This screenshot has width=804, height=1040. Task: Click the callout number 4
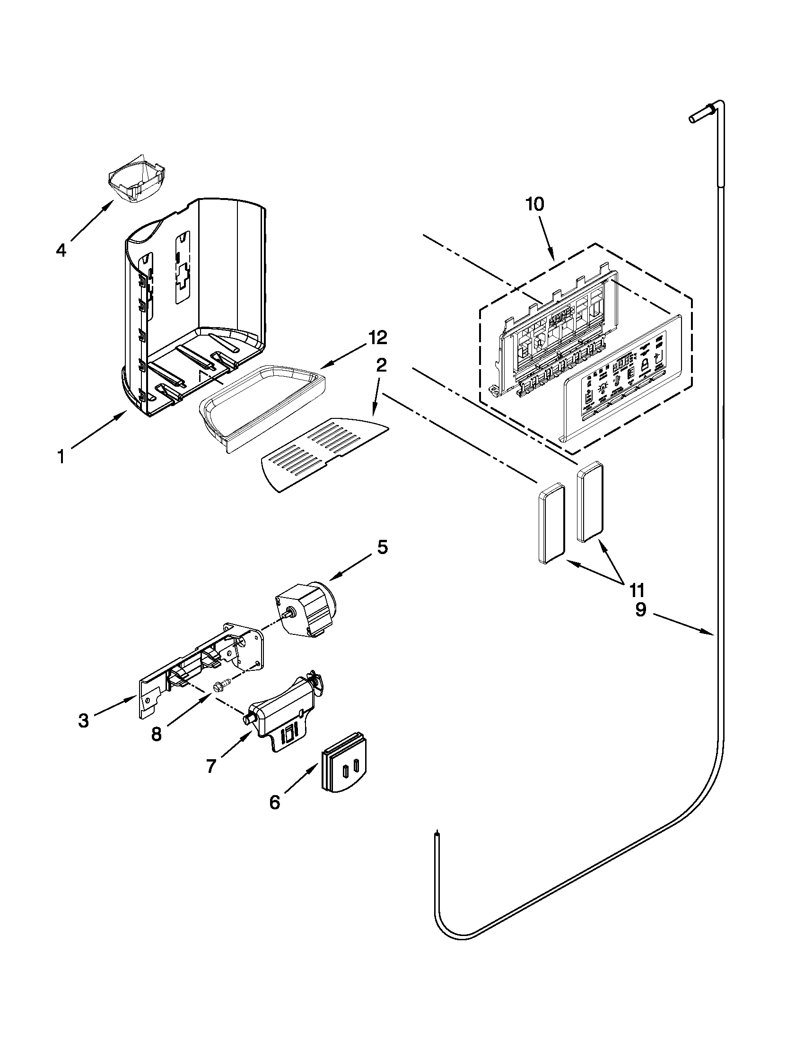tap(61, 251)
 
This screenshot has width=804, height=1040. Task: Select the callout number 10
tap(535, 204)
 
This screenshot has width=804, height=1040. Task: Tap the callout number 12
tap(377, 338)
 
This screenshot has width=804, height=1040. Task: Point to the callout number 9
tap(641, 610)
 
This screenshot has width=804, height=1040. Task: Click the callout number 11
tap(638, 590)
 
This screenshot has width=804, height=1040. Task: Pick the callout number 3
tap(84, 721)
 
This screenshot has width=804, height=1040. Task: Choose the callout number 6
tap(275, 802)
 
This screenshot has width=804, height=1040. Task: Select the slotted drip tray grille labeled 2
tap(324, 452)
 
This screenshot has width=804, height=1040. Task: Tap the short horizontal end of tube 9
tap(700, 117)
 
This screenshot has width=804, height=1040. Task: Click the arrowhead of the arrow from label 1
tap(125, 413)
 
